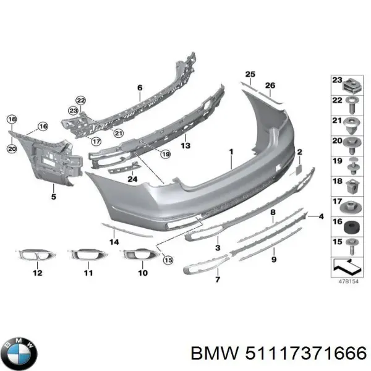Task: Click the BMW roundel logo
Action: [21, 353]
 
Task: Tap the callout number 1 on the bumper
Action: [230, 151]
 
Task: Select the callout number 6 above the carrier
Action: [140, 87]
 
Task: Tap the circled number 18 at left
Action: [12, 119]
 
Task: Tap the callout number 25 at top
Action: [249, 75]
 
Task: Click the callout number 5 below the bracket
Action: [53, 197]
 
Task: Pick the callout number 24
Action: [132, 179]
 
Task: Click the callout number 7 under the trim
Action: [218, 280]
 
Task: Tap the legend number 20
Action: [336, 141]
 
